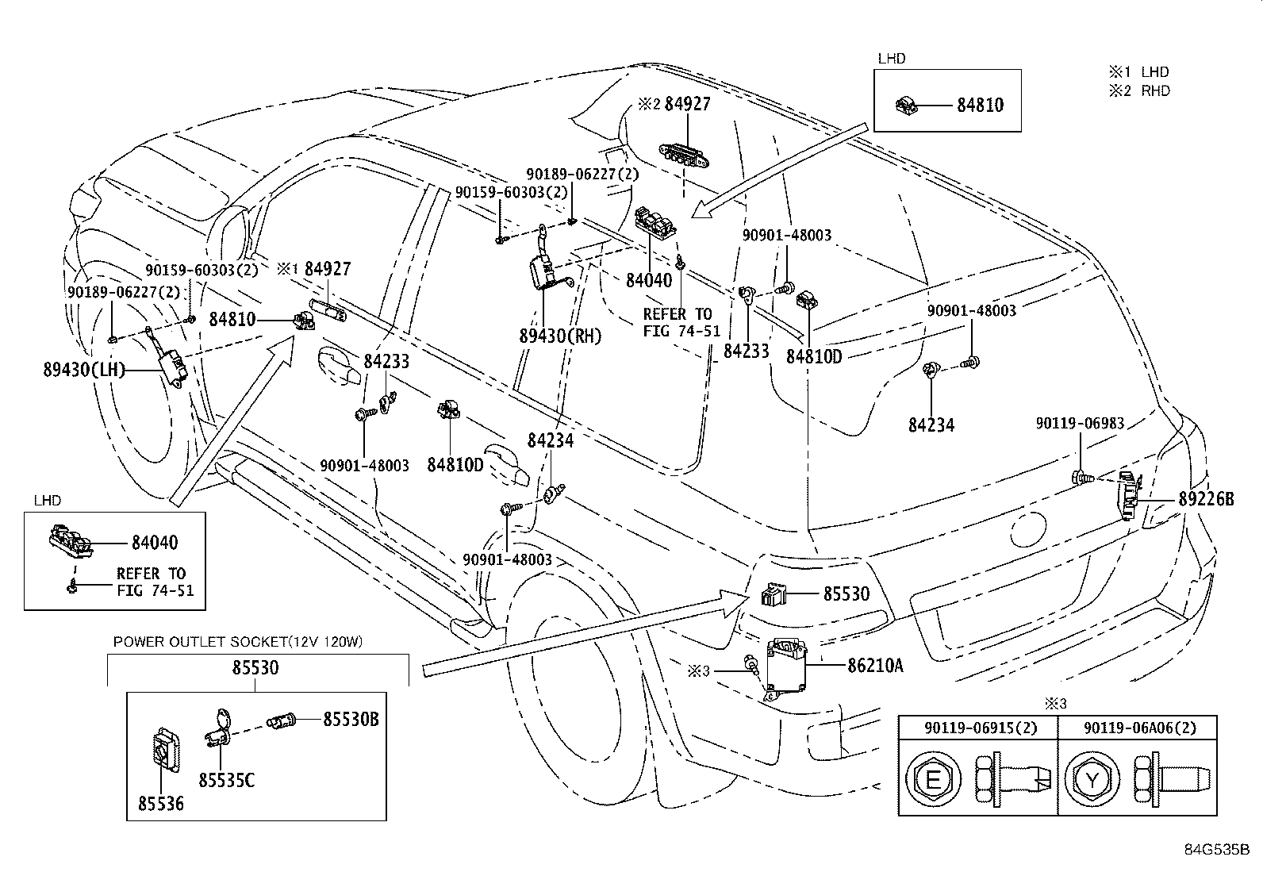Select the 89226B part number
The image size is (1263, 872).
[1206, 500]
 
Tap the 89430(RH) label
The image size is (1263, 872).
[560, 336]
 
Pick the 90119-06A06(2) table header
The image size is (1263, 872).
[1138, 727]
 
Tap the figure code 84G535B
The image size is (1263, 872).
[1217, 849]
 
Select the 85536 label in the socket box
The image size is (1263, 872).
[160, 804]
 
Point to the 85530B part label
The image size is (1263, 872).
[350, 720]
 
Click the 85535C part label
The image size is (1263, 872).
[226, 781]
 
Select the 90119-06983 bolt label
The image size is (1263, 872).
[1079, 424]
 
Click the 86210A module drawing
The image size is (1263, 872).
[786, 667]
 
